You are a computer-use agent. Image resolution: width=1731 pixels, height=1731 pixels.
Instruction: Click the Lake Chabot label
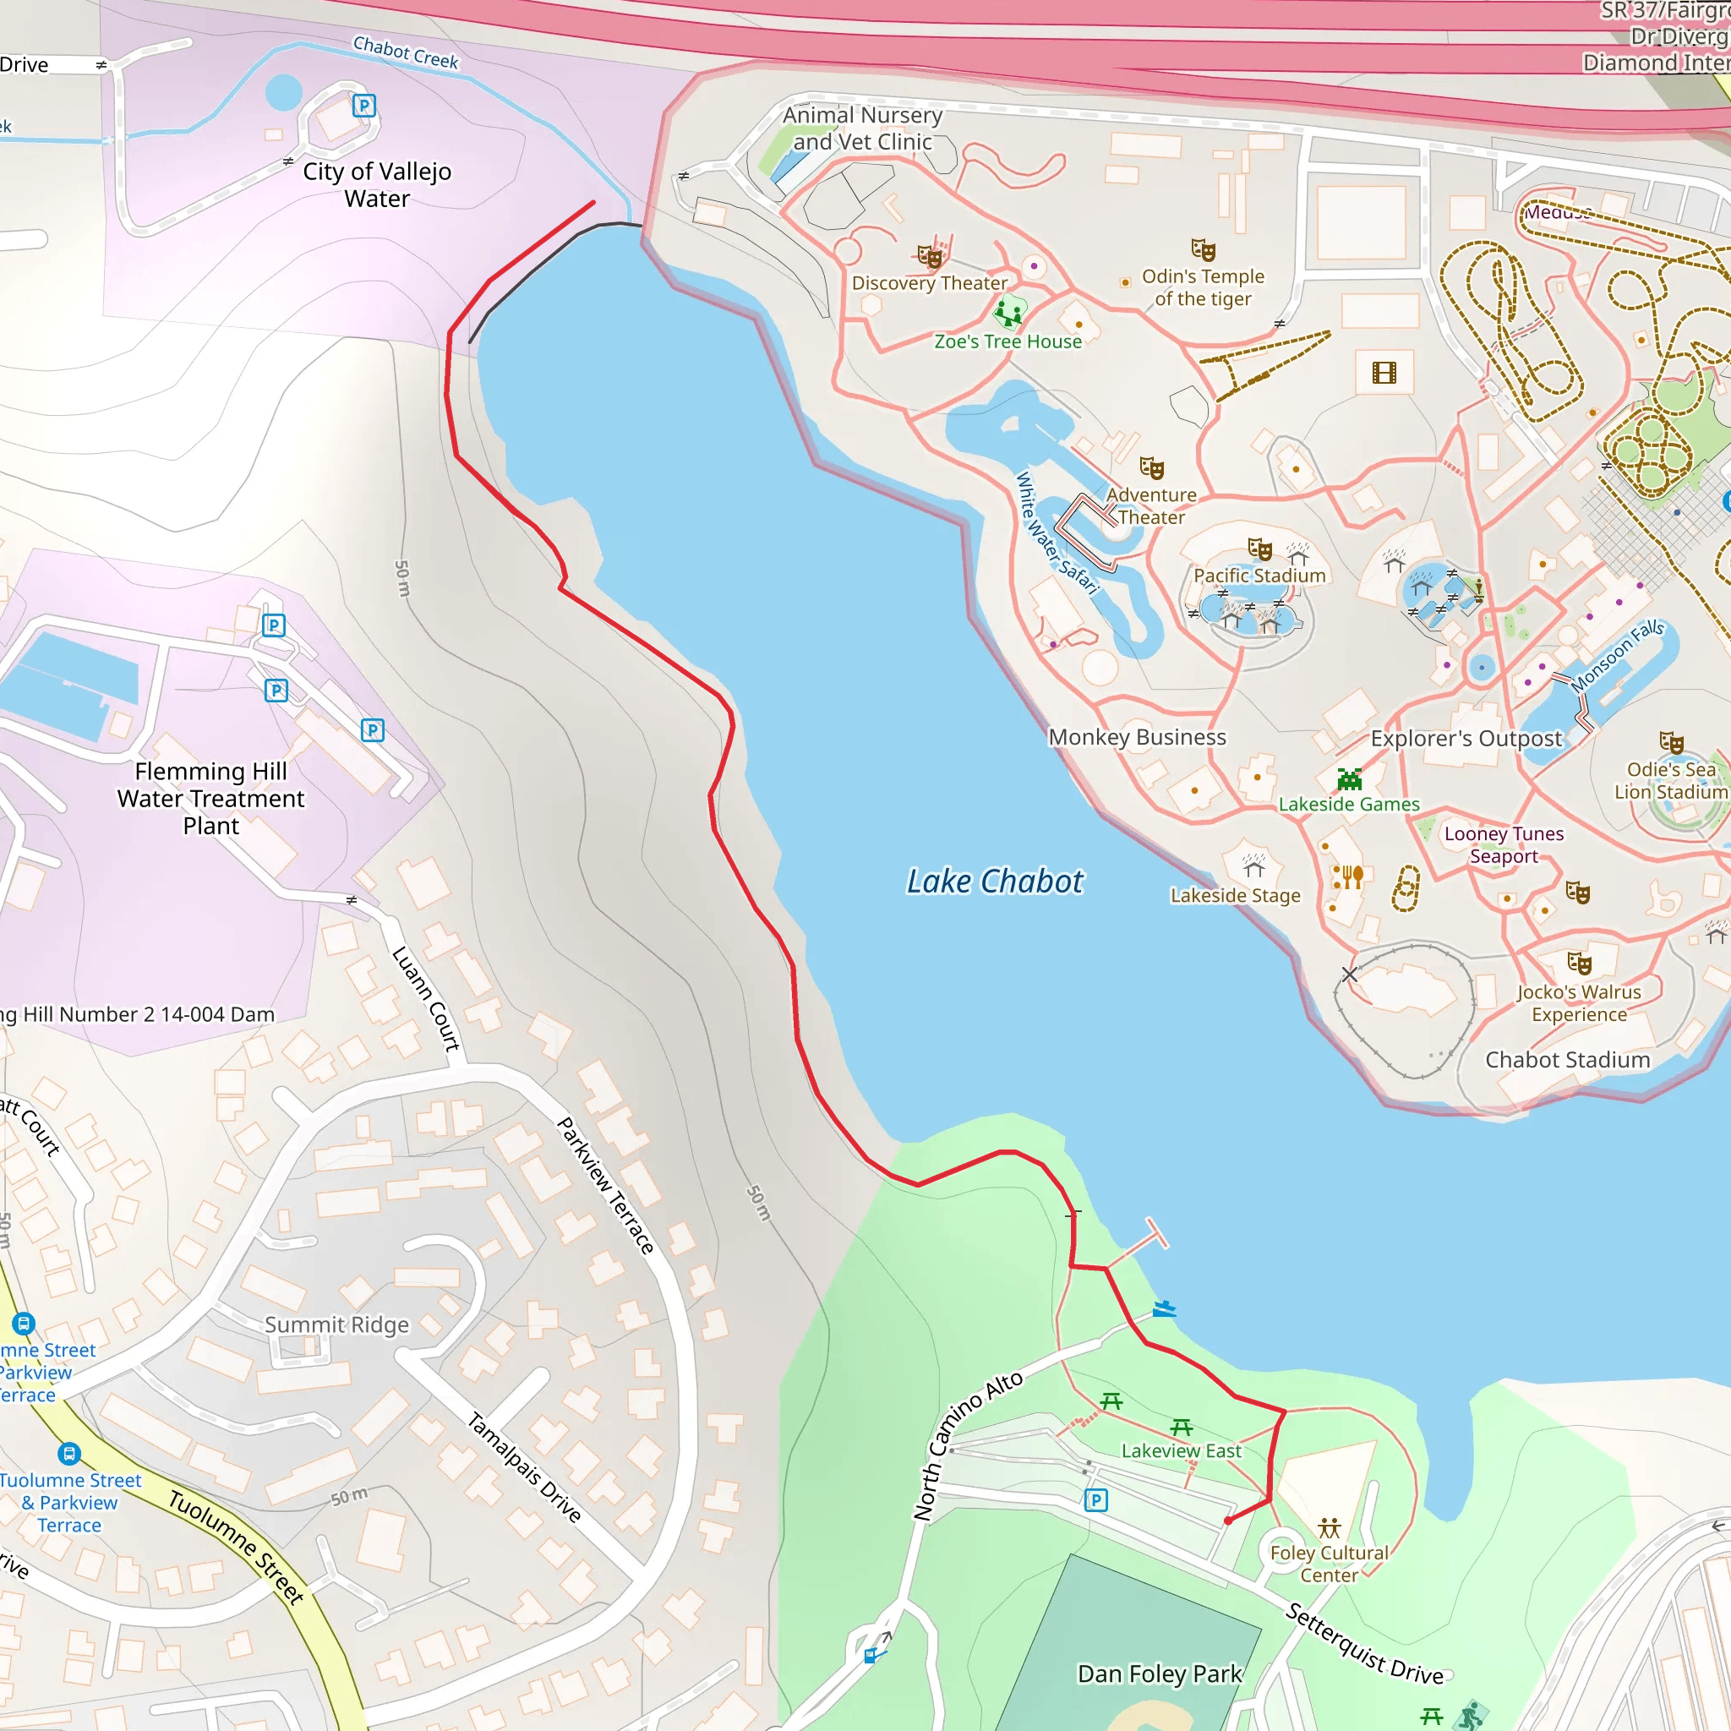click(995, 882)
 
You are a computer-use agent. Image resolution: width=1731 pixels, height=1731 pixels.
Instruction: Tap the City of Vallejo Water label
click(377, 184)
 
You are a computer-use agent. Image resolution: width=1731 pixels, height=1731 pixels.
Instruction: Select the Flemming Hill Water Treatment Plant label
click(210, 798)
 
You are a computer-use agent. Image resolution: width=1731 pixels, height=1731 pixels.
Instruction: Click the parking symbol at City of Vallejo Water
click(363, 106)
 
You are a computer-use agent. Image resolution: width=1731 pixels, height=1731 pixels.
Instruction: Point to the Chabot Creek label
click(406, 52)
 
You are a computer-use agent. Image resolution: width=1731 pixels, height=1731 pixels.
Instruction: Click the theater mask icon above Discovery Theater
click(930, 258)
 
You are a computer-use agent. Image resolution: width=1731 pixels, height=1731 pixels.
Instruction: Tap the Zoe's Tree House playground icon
click(1010, 313)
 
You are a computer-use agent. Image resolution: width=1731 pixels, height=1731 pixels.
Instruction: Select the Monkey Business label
click(1137, 737)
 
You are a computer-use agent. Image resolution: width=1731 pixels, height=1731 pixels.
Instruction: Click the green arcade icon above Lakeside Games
click(1349, 778)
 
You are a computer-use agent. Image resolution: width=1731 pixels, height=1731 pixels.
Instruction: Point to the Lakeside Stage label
click(1236, 896)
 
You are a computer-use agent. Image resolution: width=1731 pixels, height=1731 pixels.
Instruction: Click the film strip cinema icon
click(1384, 373)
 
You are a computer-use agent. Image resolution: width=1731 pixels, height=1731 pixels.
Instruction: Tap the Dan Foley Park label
click(1160, 1674)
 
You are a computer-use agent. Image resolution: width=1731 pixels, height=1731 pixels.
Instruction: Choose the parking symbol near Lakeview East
click(1095, 1500)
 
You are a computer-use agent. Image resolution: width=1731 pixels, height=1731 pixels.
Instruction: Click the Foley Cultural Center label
click(1329, 1564)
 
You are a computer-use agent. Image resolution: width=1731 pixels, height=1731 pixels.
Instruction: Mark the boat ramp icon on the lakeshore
click(1164, 1309)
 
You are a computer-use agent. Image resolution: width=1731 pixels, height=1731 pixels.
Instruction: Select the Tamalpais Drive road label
click(525, 1466)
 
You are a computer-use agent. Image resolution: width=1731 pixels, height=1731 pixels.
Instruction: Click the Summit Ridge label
click(337, 1324)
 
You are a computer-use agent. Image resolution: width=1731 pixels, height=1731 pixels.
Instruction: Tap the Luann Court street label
click(427, 998)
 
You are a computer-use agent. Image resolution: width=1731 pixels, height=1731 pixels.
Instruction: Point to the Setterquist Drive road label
click(1363, 1645)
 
